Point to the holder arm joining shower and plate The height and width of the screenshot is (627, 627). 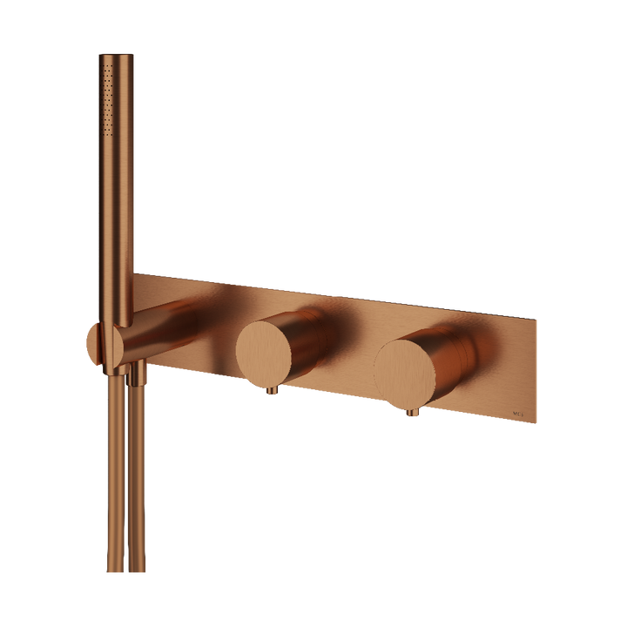(152, 330)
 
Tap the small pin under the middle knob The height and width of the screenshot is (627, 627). (272, 394)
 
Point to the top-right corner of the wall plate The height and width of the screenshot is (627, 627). (536, 319)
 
